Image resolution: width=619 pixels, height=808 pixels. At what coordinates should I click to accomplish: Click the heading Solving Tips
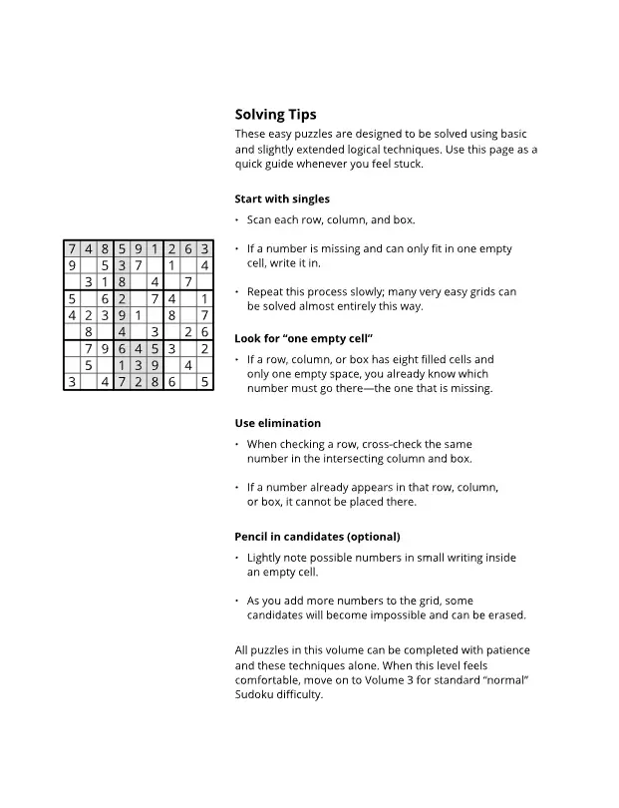click(275, 115)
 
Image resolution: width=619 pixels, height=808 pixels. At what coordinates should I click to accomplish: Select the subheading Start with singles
click(282, 199)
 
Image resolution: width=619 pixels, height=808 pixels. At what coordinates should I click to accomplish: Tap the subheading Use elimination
click(277, 423)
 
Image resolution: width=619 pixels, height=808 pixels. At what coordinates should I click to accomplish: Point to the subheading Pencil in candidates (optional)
click(317, 537)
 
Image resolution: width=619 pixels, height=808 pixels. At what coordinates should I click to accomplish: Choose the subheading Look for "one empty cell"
click(303, 338)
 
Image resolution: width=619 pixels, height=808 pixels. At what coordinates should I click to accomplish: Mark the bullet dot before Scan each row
click(237, 220)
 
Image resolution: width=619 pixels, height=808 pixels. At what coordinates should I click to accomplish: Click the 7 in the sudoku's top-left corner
click(72, 249)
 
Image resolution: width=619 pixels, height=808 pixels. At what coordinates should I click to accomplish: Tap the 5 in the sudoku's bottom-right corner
click(204, 381)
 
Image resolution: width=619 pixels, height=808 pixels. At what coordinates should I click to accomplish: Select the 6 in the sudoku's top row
click(188, 249)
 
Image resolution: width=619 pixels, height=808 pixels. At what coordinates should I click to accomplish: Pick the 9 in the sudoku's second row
click(72, 265)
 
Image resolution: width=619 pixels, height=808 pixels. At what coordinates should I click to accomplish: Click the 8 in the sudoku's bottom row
click(155, 381)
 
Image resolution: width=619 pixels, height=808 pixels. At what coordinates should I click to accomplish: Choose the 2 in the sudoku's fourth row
click(122, 298)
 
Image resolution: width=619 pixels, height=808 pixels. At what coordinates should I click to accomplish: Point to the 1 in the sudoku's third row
click(105, 282)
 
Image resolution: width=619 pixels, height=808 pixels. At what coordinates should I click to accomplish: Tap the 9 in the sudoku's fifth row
click(122, 315)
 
